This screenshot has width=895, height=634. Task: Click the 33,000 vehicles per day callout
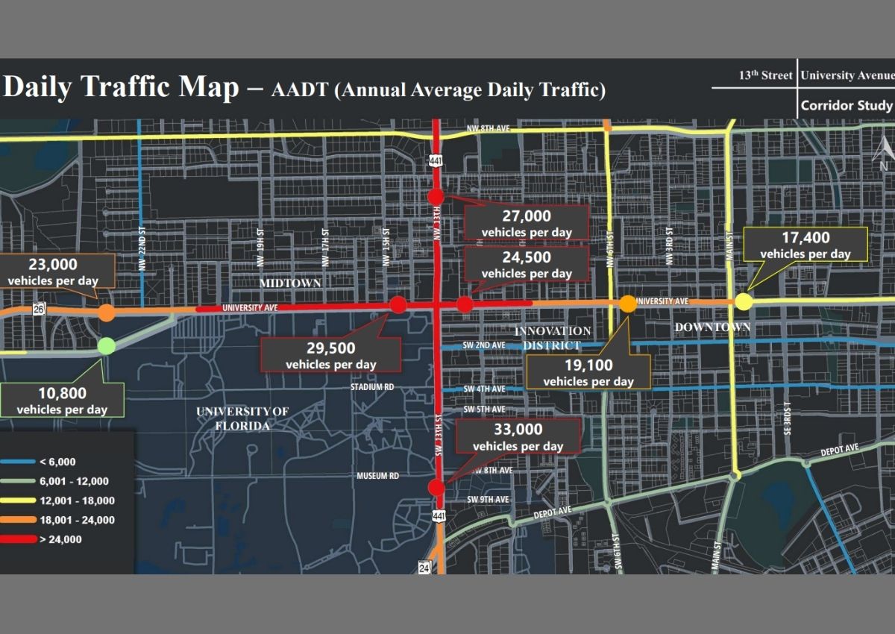pyautogui.click(x=518, y=437)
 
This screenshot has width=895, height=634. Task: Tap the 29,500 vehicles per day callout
pyautogui.click(x=330, y=355)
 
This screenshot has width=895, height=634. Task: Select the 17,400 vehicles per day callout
pyautogui.click(x=805, y=245)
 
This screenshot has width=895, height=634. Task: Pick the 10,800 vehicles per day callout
pyautogui.click(x=62, y=401)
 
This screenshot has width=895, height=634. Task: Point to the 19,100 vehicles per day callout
pyautogui.click(x=588, y=372)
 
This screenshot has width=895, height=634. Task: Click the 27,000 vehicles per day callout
pyautogui.click(x=527, y=223)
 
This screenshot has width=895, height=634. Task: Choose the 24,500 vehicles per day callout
pyautogui.click(x=527, y=265)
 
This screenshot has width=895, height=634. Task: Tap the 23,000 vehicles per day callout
pyautogui.click(x=53, y=272)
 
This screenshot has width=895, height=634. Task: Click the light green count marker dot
pyautogui.click(x=107, y=345)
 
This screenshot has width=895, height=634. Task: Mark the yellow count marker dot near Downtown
pyautogui.click(x=744, y=302)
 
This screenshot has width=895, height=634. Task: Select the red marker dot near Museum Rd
pyautogui.click(x=436, y=488)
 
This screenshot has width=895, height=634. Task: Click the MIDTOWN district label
pyautogui.click(x=290, y=283)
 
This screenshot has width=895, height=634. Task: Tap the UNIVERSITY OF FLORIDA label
pyautogui.click(x=242, y=418)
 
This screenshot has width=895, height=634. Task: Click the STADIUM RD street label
pyautogui.click(x=372, y=388)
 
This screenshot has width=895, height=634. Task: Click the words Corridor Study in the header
pyautogui.click(x=846, y=106)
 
